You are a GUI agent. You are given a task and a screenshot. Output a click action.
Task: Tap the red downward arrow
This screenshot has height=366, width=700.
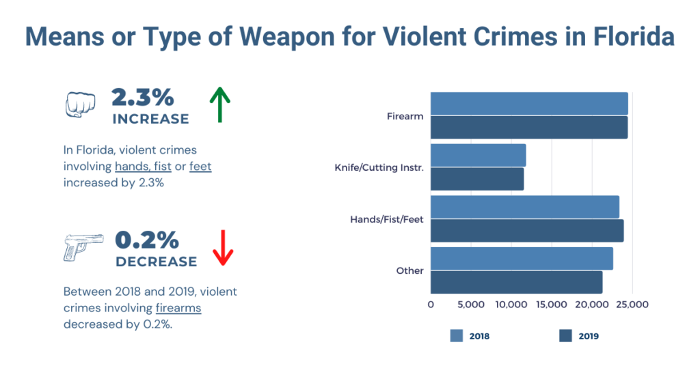223,248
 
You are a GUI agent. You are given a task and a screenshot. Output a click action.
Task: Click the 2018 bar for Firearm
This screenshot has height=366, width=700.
529,103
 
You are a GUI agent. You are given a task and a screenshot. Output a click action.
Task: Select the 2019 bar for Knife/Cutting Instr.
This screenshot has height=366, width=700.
477,180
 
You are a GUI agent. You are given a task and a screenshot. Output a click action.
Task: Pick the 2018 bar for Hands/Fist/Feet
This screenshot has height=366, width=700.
525,206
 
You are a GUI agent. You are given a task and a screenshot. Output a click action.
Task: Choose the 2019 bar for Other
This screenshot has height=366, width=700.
516,282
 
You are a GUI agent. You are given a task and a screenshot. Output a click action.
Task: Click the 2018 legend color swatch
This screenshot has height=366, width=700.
457,335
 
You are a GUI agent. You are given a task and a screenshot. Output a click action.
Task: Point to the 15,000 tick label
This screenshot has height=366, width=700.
551,305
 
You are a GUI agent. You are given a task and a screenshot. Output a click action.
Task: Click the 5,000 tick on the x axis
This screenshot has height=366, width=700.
471,305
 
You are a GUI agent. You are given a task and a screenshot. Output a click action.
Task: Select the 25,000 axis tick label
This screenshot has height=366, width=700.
631,305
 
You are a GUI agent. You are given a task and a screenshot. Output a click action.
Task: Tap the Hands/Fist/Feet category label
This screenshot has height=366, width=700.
387,219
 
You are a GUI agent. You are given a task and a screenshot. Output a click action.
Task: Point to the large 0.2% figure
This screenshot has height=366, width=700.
147,240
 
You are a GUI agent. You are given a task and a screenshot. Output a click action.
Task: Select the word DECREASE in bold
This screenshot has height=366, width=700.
157,262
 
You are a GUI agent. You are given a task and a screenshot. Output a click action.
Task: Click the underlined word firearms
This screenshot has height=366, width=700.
178,308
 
